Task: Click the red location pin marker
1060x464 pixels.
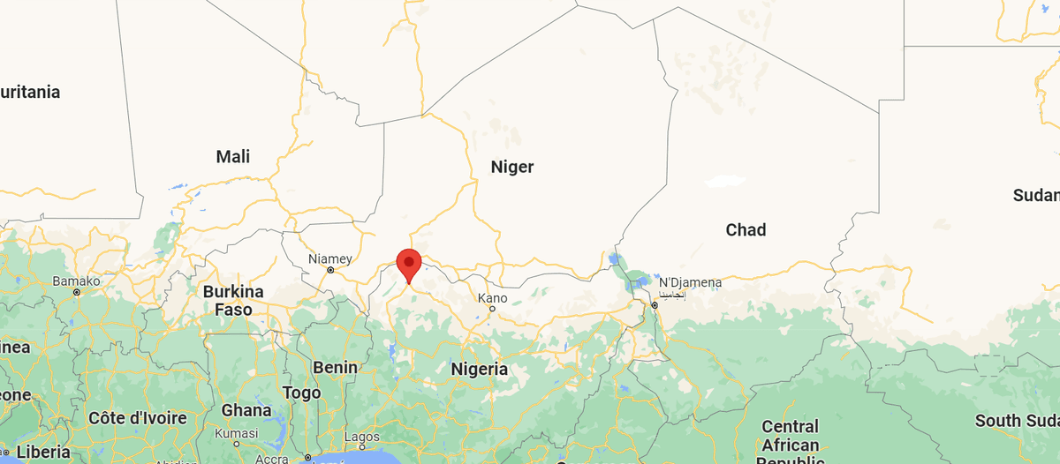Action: pos(408,264)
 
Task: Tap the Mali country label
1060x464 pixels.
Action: pos(233,157)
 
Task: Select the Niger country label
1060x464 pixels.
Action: pos(512,167)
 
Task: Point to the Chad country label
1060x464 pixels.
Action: pos(746,230)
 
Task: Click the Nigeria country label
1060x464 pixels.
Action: pos(480,369)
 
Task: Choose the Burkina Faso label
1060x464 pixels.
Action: pos(233,301)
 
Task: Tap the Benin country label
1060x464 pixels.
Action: pos(335,367)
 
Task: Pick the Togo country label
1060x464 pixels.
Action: pos(301,393)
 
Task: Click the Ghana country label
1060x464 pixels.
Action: pos(246,410)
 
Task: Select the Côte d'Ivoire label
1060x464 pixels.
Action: pos(138,417)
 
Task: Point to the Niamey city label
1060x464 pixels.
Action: pos(330,259)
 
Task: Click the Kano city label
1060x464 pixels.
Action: pos(492,298)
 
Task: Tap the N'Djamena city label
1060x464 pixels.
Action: pos(690,283)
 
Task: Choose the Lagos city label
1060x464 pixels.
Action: pos(362,437)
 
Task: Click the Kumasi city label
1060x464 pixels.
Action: pos(237,433)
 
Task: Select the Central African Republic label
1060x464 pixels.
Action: pos(790,441)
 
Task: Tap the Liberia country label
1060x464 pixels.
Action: pos(43,452)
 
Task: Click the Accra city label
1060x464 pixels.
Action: pos(271,459)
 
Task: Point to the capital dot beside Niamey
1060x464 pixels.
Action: pos(330,270)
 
